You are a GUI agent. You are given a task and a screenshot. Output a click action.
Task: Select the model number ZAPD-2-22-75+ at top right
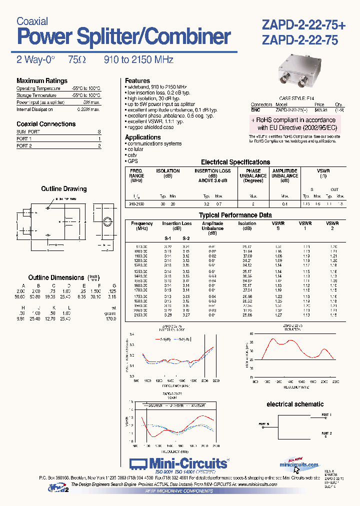coord(300,24)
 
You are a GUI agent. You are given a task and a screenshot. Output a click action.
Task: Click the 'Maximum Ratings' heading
coord(42,81)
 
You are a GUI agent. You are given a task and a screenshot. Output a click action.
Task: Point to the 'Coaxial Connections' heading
coord(46,124)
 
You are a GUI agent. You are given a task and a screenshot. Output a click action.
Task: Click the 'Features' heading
coord(137,80)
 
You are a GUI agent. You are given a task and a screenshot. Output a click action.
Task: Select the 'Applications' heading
coord(143,137)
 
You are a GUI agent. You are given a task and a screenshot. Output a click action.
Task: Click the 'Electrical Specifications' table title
coord(235,162)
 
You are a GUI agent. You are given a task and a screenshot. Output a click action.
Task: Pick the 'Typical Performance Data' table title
coord(235,215)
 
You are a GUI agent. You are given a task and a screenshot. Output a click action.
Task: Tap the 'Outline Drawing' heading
coord(63,189)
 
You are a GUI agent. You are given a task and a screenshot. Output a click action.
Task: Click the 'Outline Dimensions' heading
coord(56,277)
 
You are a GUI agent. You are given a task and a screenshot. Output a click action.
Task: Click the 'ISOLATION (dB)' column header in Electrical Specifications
coord(168,173)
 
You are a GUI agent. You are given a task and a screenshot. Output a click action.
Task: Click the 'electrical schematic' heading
coord(295,404)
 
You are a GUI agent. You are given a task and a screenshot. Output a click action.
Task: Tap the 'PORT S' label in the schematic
coord(264,424)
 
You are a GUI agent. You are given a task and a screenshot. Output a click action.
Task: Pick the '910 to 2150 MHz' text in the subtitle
coord(138,60)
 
